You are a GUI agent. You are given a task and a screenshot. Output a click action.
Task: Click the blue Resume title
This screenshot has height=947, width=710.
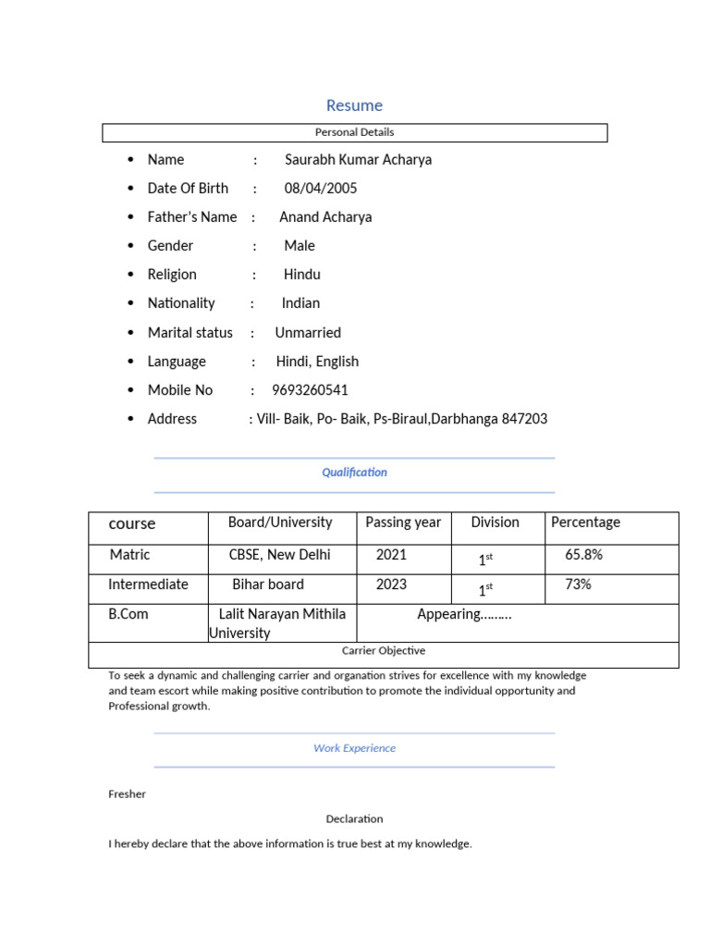click(354, 105)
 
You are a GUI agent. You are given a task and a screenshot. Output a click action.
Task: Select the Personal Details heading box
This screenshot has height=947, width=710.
click(354, 132)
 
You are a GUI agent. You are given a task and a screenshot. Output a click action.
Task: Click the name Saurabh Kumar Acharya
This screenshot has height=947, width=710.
click(358, 159)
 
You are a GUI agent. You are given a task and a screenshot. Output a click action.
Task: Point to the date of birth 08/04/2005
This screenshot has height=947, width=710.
click(320, 189)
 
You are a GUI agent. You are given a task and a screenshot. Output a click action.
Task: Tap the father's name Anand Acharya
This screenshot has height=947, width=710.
click(325, 217)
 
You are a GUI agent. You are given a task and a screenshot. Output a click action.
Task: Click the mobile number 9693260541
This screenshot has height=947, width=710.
click(310, 390)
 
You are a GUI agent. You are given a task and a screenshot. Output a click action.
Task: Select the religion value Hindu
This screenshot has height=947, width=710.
click(301, 275)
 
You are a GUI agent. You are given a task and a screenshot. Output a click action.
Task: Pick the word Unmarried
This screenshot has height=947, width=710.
click(308, 333)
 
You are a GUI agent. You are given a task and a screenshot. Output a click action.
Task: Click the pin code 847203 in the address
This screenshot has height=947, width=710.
click(524, 419)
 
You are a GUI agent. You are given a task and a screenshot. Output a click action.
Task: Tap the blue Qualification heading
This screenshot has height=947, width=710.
click(354, 473)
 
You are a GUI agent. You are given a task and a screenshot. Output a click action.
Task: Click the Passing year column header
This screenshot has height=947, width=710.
click(403, 523)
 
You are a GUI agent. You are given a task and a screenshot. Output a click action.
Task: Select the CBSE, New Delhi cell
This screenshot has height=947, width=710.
click(279, 556)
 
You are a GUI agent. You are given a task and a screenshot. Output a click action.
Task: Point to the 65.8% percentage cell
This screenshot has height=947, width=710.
click(583, 556)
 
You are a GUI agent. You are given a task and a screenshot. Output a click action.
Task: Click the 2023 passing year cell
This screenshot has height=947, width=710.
click(391, 584)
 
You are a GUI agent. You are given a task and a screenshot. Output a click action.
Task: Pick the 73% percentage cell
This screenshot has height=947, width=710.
click(578, 584)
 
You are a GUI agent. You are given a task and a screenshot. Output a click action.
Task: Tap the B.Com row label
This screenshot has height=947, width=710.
click(129, 614)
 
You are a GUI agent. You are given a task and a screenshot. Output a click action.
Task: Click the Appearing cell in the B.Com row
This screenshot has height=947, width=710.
click(464, 615)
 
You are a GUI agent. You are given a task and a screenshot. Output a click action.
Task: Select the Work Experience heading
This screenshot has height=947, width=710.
click(354, 748)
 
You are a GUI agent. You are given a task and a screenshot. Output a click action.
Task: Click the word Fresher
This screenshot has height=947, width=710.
click(127, 794)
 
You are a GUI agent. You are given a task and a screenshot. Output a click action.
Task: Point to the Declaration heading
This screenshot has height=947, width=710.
click(354, 819)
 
